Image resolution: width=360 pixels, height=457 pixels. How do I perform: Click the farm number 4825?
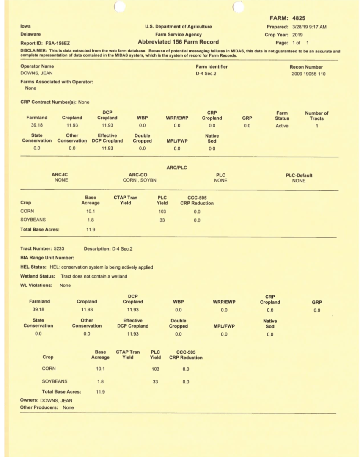point(298,18)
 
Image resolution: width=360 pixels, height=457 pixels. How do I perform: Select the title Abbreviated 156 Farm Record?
point(178,42)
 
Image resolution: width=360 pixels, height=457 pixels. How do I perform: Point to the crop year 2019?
point(297,35)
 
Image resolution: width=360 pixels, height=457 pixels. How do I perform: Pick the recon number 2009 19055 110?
point(308,74)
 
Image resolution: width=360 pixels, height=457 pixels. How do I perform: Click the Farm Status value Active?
point(282,126)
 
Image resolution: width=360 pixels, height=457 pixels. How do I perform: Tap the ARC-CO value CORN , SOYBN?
point(140,180)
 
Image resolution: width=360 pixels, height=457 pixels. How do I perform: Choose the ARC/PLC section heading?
point(176,168)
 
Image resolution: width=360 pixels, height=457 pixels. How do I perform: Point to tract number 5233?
point(59,248)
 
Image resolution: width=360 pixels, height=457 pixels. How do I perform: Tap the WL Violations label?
point(36,285)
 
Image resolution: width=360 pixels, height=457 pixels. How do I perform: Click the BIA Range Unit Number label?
point(47,258)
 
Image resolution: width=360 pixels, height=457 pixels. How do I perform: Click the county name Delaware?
point(30,34)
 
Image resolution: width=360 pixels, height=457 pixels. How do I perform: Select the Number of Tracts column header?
point(316,116)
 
